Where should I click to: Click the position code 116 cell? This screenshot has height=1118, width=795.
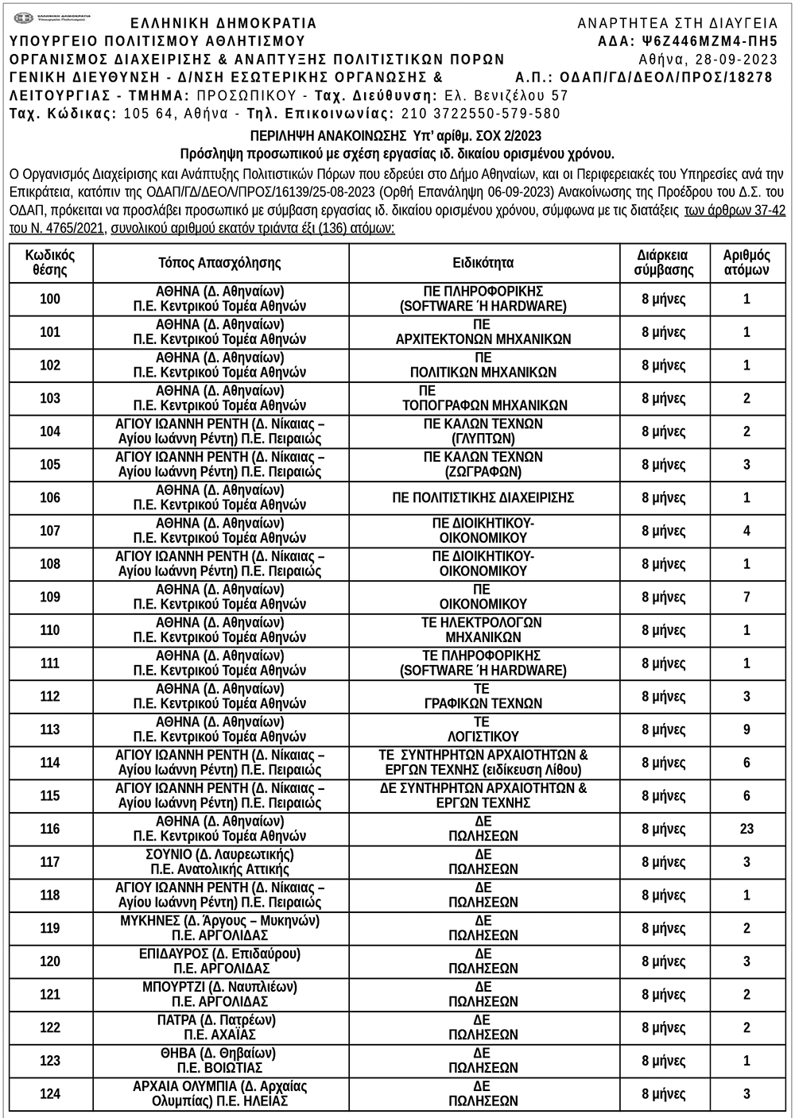[50, 829]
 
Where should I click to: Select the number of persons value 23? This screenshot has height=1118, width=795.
[747, 829]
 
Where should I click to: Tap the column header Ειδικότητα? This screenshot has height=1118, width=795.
[483, 263]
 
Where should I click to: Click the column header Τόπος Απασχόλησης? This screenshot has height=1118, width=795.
[219, 263]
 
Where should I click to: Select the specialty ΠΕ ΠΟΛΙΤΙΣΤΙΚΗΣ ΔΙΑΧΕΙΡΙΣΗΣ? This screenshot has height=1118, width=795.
[483, 498]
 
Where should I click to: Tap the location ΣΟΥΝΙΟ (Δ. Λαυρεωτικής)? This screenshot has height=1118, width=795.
[219, 855]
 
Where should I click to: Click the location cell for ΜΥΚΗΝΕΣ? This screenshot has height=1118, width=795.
[219, 928]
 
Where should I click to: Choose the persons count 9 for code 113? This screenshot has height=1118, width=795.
[747, 729]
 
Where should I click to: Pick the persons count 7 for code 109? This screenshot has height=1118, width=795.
[747, 597]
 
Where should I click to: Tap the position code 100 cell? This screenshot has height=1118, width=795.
[50, 300]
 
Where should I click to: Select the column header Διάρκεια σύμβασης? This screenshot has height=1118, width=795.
[664, 263]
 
